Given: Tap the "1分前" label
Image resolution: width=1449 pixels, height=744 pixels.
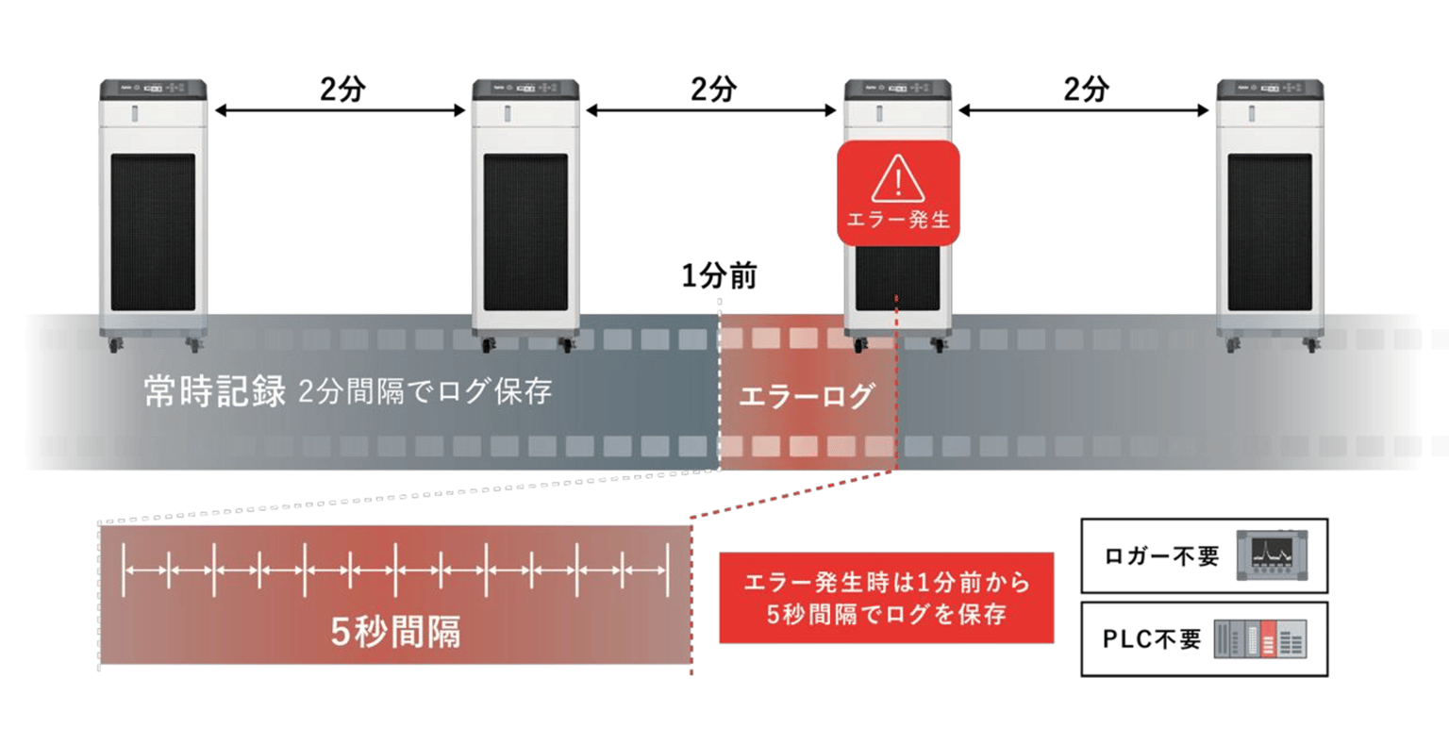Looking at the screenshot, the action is pyautogui.click(x=720, y=276).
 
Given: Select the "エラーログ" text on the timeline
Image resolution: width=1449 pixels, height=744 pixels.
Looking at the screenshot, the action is pyautogui.click(x=807, y=396).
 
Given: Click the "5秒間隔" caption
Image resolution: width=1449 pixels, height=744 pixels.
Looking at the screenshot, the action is pyautogui.click(x=395, y=632).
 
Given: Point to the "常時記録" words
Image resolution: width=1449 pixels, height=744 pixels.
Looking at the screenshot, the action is pyautogui.click(x=215, y=390).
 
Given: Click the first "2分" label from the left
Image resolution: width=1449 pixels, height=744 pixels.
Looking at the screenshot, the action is pyautogui.click(x=342, y=89).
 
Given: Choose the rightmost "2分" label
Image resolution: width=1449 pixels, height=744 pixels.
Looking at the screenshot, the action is pyautogui.click(x=1086, y=89).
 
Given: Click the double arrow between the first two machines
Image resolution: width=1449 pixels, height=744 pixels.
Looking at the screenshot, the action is pyautogui.click(x=341, y=110).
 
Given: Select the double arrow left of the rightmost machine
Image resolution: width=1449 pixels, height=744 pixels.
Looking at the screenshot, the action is pyautogui.click(x=1084, y=110).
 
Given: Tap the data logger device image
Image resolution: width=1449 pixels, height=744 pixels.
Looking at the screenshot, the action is pyautogui.click(x=1272, y=554).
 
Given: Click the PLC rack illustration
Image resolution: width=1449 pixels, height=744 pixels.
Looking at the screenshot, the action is pyautogui.click(x=1260, y=638).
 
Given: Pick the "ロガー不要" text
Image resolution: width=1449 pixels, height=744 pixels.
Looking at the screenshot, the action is pyautogui.click(x=1161, y=556).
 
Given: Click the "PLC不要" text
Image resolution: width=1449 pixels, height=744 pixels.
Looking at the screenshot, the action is pyautogui.click(x=1152, y=639).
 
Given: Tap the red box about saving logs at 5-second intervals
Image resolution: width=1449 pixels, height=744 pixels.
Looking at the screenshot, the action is pyautogui.click(x=886, y=598).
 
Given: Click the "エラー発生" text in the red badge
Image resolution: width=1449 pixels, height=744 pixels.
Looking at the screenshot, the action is pyautogui.click(x=898, y=220).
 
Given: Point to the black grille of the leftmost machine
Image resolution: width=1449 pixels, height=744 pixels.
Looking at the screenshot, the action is pyautogui.click(x=153, y=232).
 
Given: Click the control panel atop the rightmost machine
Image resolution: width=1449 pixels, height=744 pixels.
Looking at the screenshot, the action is pyautogui.click(x=1270, y=90).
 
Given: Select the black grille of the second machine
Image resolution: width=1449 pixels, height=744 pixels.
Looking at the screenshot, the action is pyautogui.click(x=525, y=232).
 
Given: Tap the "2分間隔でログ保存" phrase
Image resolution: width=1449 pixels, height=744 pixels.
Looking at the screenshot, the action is pyautogui.click(x=425, y=391).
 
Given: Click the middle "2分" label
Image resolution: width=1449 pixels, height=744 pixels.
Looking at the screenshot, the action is pyautogui.click(x=713, y=89).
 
